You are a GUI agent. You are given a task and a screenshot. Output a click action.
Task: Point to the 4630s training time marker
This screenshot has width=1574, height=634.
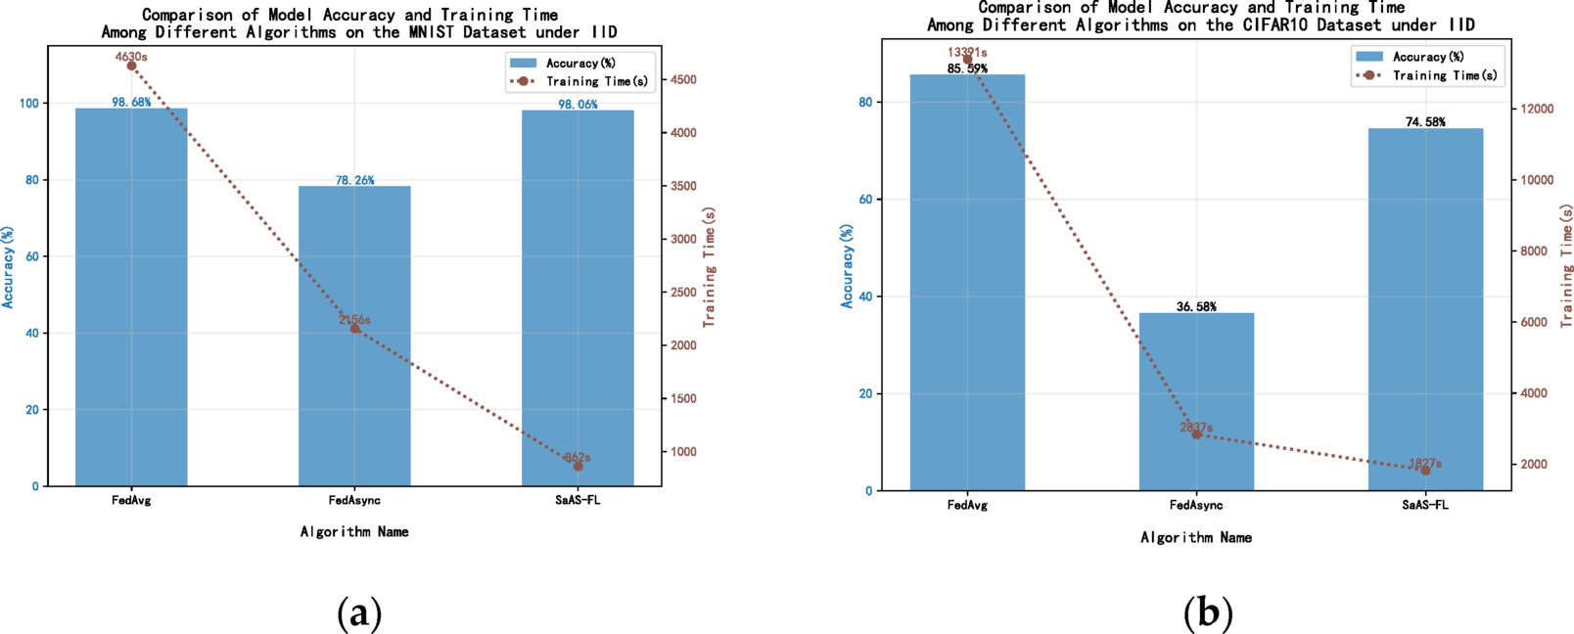131,67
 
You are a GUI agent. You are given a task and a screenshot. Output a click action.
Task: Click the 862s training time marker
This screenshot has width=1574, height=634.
578,467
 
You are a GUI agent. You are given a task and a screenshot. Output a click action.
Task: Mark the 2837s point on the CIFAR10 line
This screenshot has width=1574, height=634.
1196,434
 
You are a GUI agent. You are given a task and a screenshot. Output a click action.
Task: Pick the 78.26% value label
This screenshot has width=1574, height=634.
354,180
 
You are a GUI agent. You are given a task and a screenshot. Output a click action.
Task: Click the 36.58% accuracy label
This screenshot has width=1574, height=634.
1196,307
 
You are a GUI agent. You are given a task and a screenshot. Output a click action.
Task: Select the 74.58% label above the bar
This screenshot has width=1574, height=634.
1425,122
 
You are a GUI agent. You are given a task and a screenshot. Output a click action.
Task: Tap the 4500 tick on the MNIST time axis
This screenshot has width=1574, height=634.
682,80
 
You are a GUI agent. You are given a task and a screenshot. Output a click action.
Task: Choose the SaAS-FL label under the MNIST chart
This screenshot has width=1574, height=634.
578,500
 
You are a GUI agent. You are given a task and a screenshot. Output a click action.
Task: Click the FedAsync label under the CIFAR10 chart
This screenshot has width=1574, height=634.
1196,506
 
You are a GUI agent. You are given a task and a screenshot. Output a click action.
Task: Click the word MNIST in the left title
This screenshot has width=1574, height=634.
432,32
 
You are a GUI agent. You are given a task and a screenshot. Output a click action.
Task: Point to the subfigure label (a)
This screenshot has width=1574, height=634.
359,613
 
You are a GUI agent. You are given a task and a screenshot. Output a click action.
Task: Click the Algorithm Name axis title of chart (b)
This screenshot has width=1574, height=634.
1196,537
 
